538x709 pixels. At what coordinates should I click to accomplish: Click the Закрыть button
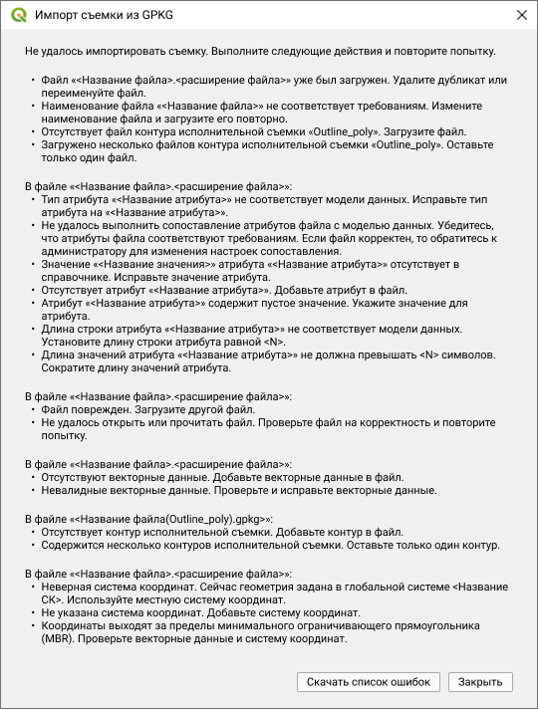(480, 682)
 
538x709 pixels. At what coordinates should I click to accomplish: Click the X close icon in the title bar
(521, 16)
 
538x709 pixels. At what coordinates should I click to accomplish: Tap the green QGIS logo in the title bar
(16, 16)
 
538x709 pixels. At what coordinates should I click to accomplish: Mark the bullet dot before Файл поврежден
(32, 409)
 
